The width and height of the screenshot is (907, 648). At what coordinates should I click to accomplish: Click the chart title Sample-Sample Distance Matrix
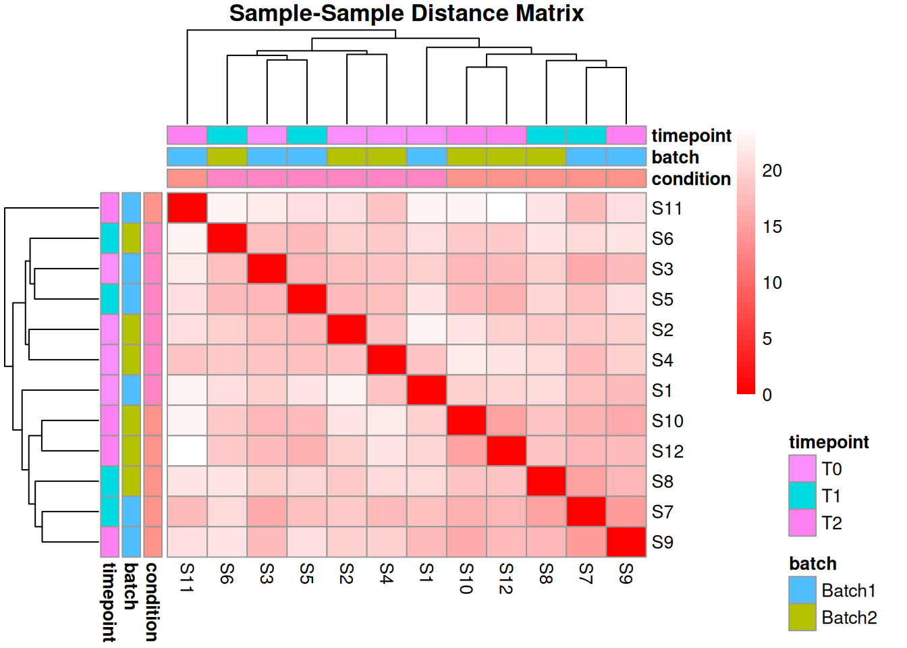(406, 13)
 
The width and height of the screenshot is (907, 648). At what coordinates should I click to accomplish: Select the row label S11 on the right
(667, 209)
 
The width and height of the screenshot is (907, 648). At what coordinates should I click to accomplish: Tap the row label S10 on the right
(667, 421)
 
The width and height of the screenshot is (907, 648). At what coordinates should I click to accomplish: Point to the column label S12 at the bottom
(506, 578)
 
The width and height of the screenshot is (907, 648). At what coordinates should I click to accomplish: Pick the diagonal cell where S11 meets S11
(187, 208)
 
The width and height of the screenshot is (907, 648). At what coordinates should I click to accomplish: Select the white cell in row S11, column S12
(506, 208)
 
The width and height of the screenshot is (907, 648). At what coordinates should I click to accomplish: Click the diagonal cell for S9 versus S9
(626, 542)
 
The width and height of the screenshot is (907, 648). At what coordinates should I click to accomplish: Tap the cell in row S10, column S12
(506, 421)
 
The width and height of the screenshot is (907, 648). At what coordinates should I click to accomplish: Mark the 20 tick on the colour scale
(771, 171)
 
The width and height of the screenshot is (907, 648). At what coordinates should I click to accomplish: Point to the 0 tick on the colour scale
(767, 395)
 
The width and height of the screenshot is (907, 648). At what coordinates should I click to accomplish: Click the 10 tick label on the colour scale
(772, 283)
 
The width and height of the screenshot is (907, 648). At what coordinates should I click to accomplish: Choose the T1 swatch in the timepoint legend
(802, 496)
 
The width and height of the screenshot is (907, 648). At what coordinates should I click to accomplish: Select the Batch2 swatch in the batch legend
(802, 618)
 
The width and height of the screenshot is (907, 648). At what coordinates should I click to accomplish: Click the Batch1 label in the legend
(848, 591)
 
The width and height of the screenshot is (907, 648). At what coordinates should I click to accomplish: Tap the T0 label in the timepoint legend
(831, 469)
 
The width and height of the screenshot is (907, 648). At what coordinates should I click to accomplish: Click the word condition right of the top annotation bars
(691, 179)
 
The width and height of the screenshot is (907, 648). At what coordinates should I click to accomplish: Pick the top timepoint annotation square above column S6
(227, 135)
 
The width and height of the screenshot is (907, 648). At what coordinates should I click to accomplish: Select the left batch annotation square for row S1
(132, 390)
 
